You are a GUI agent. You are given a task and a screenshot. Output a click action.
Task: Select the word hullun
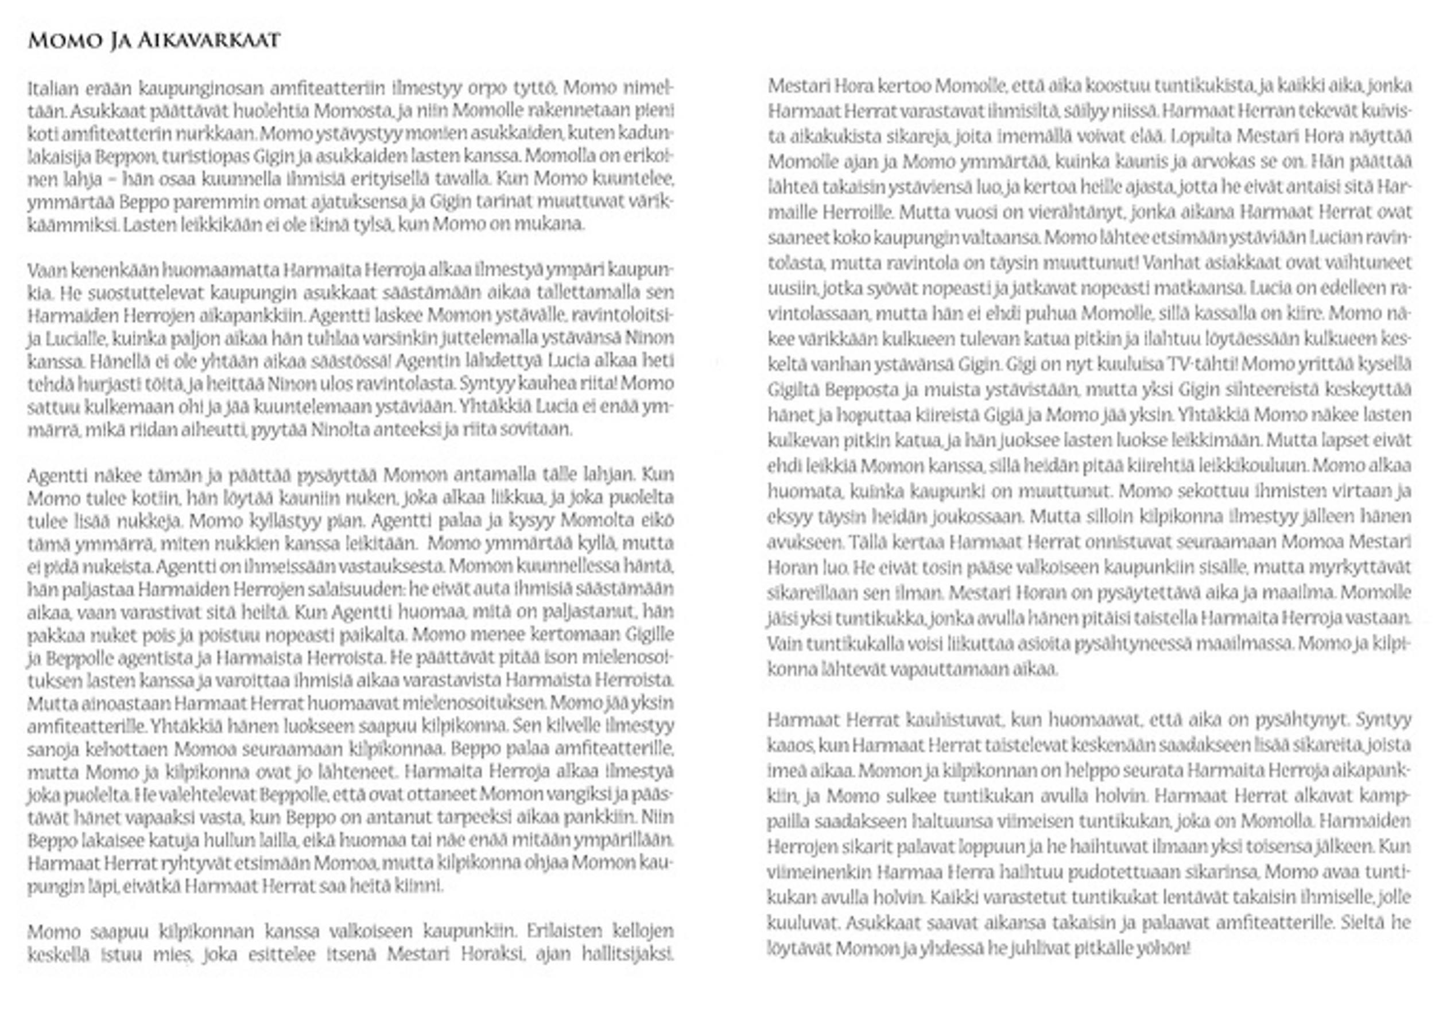(x=227, y=841)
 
